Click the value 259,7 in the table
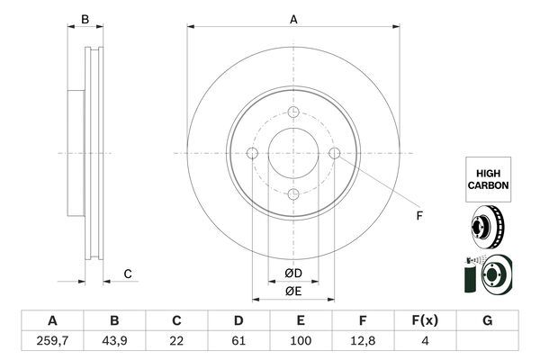52,341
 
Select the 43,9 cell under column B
114,341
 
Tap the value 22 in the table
176,341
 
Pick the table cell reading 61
238,341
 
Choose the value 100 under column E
301,341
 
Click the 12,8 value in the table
363,341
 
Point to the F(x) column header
425,320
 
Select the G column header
487,320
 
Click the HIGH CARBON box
489,179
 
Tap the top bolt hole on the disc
293,112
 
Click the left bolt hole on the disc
252,153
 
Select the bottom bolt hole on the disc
293,194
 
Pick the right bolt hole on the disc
335,153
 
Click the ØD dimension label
293,274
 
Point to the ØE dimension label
293,292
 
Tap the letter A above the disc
293,20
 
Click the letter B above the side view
85,20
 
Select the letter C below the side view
128,274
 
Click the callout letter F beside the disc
419,216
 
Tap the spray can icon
470,274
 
